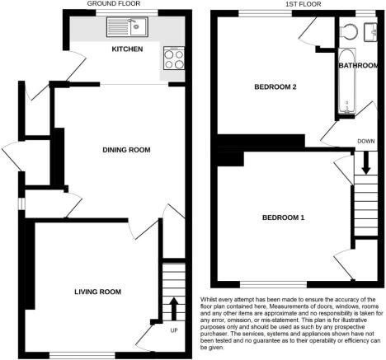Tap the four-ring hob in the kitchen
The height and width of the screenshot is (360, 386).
pyautogui.click(x=173, y=58)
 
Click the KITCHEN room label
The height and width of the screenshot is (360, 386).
pyautogui.click(x=128, y=50)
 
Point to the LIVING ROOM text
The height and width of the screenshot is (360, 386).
pyautogui.click(x=97, y=292)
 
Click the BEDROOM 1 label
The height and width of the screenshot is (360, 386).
pyautogui.click(x=284, y=217)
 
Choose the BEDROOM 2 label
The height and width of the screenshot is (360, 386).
pyautogui.click(x=275, y=86)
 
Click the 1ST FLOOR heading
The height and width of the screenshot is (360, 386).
pyautogui.click(x=290, y=4)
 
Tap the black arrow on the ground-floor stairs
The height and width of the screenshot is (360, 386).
pyautogui.click(x=173, y=310)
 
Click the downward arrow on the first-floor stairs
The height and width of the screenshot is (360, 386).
pyautogui.click(x=363, y=168)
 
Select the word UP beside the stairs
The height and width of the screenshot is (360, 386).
pyautogui.click(x=173, y=331)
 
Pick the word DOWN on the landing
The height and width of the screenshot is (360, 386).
pyautogui.click(x=365, y=140)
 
